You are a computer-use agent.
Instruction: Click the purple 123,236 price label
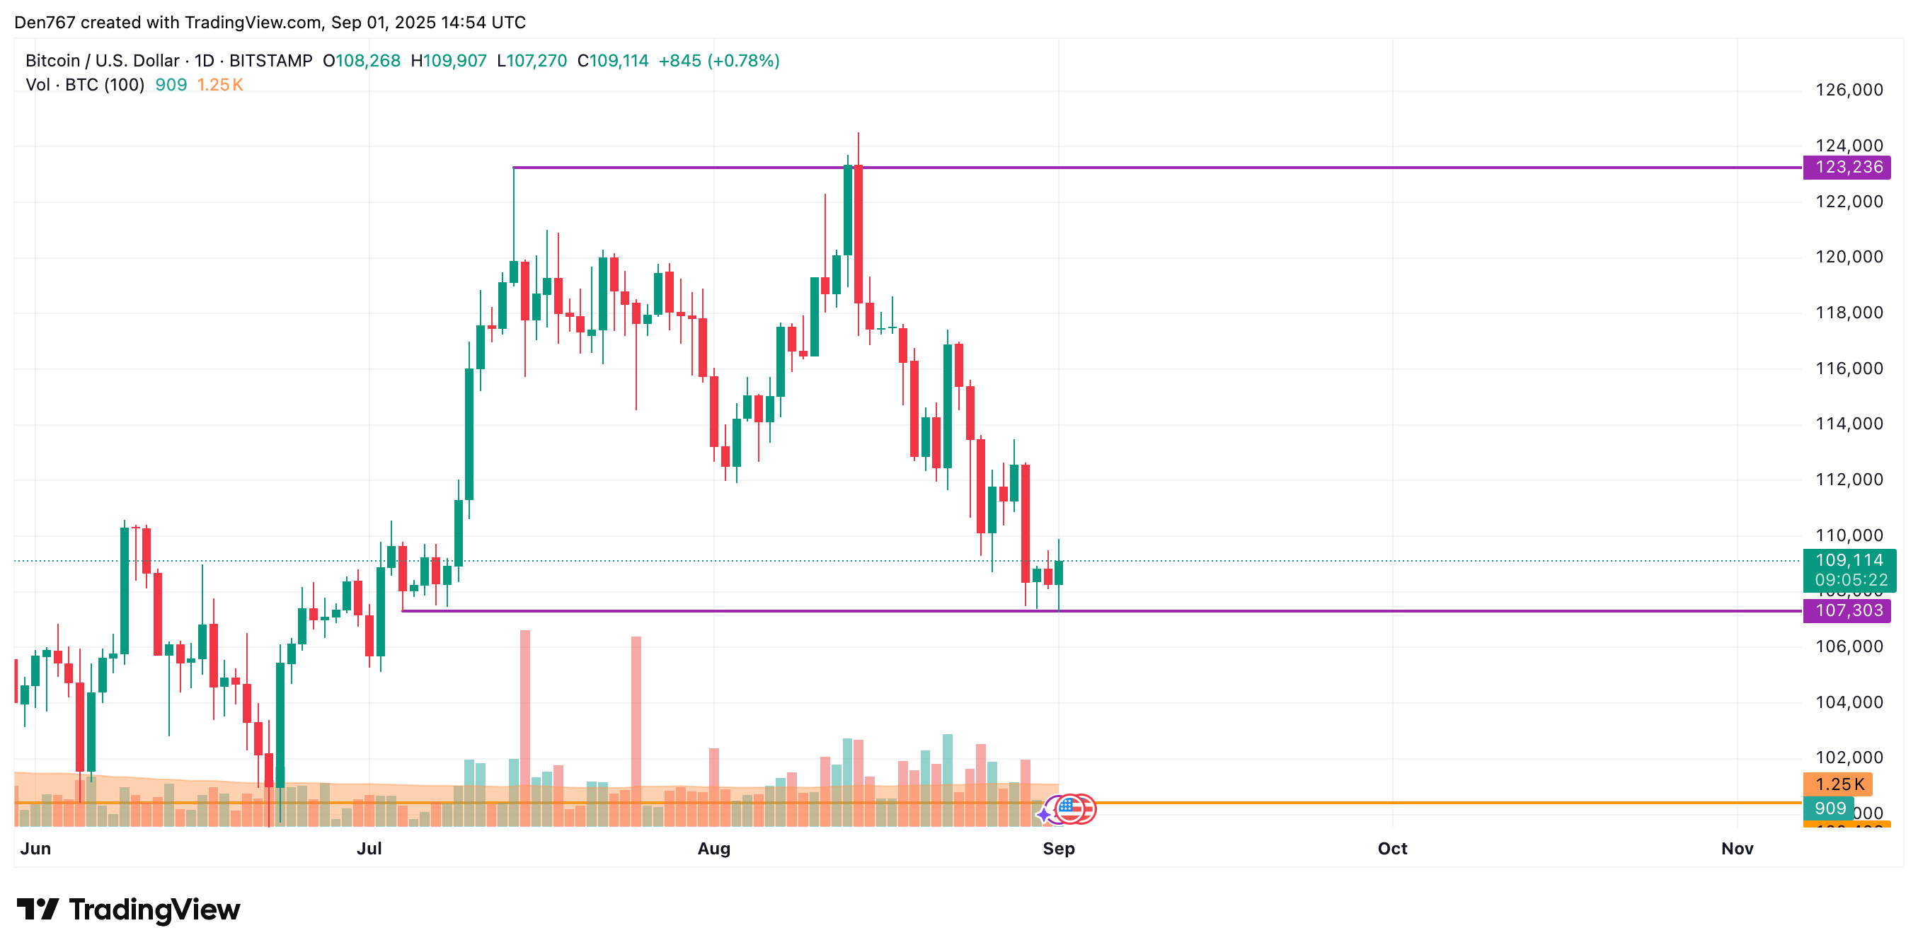(1848, 168)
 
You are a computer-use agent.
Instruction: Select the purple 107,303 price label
(1848, 611)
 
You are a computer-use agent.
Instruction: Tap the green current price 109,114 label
(1849, 560)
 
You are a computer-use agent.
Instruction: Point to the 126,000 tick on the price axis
(1849, 90)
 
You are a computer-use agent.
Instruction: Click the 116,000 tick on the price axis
(1849, 368)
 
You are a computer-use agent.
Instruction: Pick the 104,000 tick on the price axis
(1849, 702)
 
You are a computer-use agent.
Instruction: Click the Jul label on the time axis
(369, 849)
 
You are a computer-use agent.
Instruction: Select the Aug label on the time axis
(713, 849)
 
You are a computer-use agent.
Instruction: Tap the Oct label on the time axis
(1392, 849)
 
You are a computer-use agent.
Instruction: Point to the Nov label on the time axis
(1737, 849)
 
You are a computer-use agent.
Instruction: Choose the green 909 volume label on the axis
(1830, 808)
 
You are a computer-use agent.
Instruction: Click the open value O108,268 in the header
(362, 61)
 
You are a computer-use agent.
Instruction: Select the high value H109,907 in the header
(449, 61)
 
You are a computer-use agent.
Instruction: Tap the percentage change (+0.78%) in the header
(743, 61)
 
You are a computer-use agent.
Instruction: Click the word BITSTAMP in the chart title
(271, 61)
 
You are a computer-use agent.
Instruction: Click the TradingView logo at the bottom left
(128, 910)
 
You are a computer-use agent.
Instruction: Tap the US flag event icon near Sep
(1070, 808)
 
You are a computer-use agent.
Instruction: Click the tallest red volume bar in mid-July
(525, 728)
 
